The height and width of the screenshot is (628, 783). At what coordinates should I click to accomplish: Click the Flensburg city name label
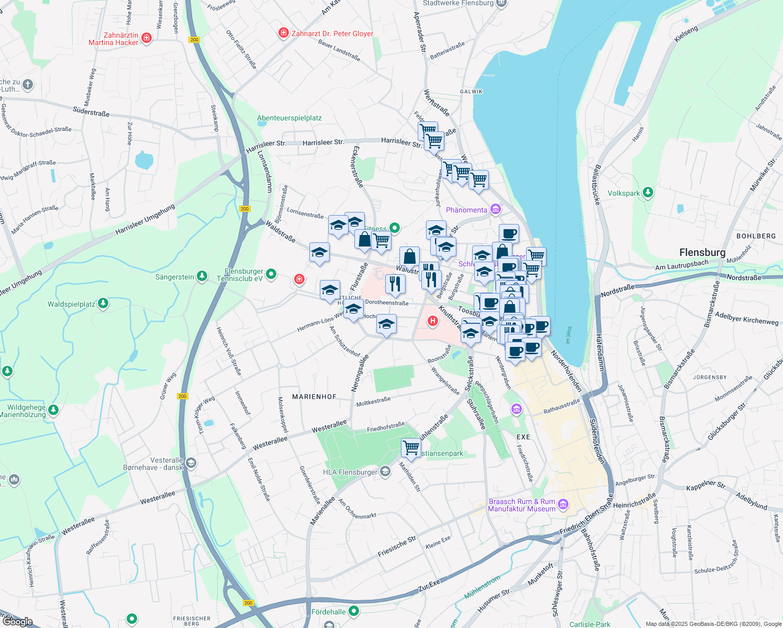[702, 252]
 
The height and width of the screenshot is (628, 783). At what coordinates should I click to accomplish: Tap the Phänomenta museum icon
[495, 210]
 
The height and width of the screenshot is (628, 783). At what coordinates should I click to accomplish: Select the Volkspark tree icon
[648, 193]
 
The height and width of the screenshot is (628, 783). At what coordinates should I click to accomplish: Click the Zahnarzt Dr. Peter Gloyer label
[332, 33]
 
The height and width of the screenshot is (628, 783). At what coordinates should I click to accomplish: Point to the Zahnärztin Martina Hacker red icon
[147, 38]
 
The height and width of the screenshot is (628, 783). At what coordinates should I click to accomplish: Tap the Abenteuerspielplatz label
[289, 118]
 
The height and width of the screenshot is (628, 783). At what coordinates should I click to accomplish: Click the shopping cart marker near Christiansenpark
[411, 447]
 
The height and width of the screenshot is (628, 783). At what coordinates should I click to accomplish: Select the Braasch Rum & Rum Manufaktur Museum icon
[563, 504]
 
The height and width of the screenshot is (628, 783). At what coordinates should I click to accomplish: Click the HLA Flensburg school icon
[385, 472]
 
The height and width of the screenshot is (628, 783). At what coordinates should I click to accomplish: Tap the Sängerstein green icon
[202, 277]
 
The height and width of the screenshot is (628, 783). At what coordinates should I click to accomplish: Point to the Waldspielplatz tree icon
[103, 304]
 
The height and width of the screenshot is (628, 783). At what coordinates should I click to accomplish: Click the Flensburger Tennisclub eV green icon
[271, 274]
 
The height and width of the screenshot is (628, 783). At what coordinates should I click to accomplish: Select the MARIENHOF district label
[314, 397]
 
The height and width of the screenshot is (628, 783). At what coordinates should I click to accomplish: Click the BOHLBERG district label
[756, 236]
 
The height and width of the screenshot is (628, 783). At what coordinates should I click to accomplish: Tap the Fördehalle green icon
[354, 611]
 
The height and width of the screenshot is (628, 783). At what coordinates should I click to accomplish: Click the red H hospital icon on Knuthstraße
[433, 321]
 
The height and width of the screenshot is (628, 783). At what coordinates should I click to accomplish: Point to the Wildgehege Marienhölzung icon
[53, 410]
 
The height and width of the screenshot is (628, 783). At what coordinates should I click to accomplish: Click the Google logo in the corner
[18, 621]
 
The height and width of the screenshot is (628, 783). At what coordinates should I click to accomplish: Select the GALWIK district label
[471, 92]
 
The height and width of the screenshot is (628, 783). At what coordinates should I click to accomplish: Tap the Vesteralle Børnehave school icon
[191, 463]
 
